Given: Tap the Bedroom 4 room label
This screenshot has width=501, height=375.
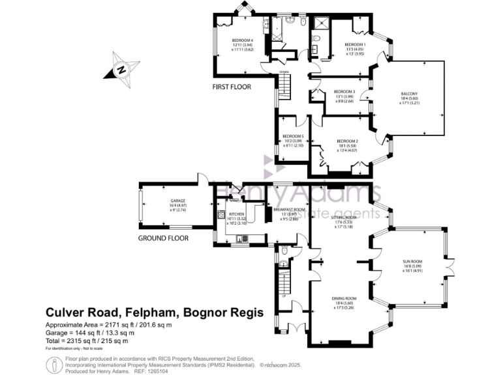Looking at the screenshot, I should [x=242, y=40].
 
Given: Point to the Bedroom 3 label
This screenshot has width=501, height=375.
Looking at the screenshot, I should [x=344, y=92].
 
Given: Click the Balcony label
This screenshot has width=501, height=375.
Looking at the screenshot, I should [x=409, y=94].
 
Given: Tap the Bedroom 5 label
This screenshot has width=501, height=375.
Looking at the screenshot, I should [x=293, y=136].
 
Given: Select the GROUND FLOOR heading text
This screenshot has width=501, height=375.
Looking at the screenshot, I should [x=163, y=238].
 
